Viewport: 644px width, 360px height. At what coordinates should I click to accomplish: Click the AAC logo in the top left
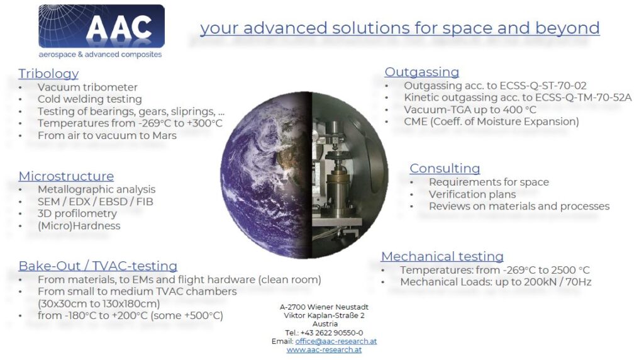[101, 30]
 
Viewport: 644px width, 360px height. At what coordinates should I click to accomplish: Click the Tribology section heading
[48, 73]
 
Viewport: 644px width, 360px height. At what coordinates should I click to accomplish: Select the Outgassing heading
[421, 72]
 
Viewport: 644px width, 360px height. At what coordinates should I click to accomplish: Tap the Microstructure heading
[66, 176]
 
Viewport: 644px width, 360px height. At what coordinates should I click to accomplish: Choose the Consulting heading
[445, 168]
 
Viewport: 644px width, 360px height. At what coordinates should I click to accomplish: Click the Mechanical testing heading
[442, 256]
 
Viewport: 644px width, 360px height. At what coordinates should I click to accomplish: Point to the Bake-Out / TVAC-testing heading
[97, 266]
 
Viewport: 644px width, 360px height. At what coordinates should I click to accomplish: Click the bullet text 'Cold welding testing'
[89, 99]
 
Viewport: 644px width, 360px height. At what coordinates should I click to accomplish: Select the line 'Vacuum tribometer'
[87, 87]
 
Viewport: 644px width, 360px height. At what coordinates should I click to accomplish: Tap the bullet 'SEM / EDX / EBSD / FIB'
[95, 201]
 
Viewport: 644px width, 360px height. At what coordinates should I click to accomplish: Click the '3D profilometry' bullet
[77, 213]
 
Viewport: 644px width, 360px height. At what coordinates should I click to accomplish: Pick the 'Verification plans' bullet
[472, 194]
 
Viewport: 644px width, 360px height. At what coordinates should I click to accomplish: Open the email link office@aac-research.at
[336, 341]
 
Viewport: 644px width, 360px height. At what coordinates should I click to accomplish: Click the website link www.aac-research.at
[324, 349]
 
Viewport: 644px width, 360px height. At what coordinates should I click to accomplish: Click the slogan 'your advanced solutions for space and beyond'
[399, 28]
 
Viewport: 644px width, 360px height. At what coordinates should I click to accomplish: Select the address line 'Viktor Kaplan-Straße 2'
[324, 315]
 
